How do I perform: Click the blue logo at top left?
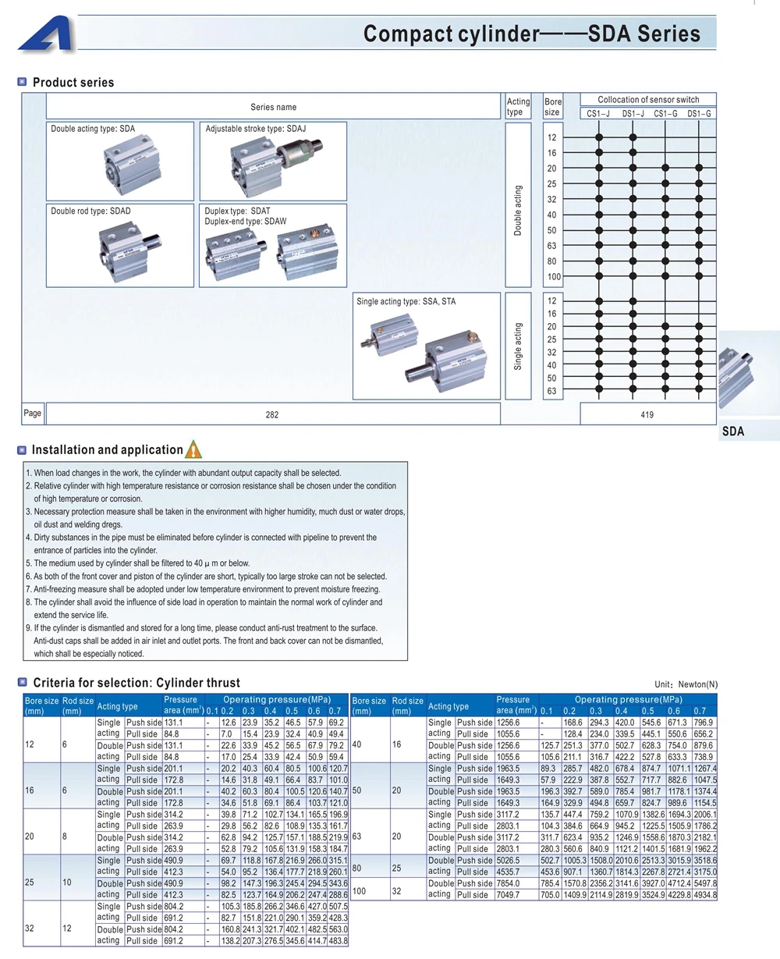[x=45, y=34]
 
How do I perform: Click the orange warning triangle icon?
[x=193, y=449]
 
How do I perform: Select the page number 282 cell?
[x=273, y=414]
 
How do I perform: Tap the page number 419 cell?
[x=647, y=414]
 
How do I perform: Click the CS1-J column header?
[x=598, y=113]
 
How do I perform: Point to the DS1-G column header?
[x=699, y=113]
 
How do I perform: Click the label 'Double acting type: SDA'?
[x=93, y=129]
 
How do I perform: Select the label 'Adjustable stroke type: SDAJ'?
[x=256, y=129]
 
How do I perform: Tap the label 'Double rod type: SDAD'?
[x=90, y=211]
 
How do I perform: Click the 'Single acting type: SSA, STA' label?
[x=406, y=302]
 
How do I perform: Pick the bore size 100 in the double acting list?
[x=554, y=276]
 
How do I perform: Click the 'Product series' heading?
[x=73, y=83]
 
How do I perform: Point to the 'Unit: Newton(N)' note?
[x=686, y=684]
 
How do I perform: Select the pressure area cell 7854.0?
[x=508, y=883]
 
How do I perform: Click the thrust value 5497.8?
[x=705, y=883]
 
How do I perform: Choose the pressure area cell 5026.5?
[x=508, y=861]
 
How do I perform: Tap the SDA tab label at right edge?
[x=733, y=432]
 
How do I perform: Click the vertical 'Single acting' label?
[x=518, y=346]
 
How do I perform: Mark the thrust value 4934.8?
[x=705, y=895]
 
